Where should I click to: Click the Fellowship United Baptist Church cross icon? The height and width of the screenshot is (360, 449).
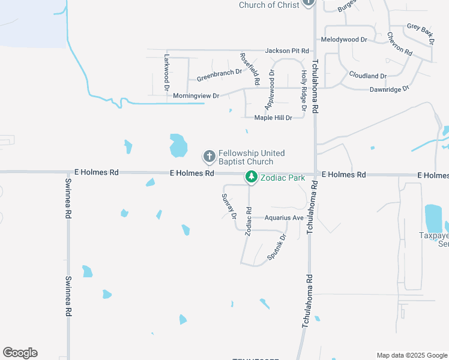(209, 157)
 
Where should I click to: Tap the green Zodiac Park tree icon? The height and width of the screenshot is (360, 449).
(251, 177)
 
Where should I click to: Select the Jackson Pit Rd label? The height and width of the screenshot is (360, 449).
(287, 51)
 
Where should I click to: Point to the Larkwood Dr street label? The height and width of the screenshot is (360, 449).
(167, 71)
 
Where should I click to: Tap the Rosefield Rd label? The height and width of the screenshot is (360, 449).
(250, 68)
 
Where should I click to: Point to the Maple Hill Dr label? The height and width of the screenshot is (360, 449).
(273, 118)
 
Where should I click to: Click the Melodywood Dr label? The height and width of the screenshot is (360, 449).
(344, 39)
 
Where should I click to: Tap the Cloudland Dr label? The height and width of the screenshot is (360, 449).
(367, 76)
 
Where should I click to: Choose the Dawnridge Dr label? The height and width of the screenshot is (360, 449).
(388, 88)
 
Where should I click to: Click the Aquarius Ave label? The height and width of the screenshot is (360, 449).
(284, 218)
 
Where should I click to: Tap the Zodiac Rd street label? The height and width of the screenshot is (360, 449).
(247, 222)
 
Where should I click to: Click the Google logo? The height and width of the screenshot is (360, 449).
(20, 353)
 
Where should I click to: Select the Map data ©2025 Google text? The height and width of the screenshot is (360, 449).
(411, 355)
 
